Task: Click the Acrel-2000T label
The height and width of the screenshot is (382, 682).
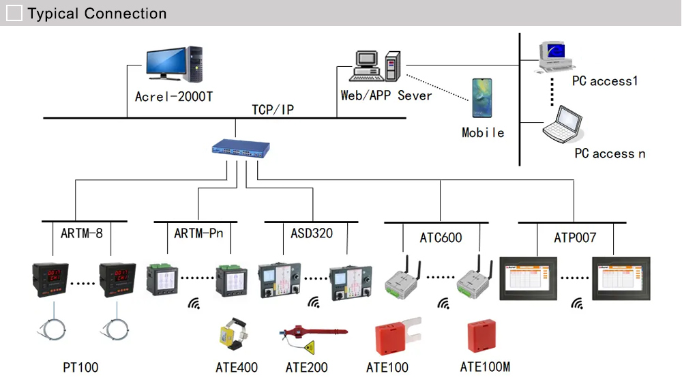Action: pyautogui.click(x=174, y=96)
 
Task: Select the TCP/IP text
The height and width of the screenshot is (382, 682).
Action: pyautogui.click(x=273, y=110)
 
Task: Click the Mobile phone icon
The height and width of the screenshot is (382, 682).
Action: pyautogui.click(x=481, y=98)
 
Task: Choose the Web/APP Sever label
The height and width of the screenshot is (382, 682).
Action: pyautogui.click(x=386, y=95)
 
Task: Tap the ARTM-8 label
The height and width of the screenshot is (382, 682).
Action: pyautogui.click(x=81, y=233)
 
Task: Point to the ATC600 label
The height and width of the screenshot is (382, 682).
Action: pyautogui.click(x=441, y=237)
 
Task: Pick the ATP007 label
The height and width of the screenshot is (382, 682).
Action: pyautogui.click(x=575, y=237)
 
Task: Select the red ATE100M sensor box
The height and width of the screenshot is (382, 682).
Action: pyautogui.click(x=482, y=334)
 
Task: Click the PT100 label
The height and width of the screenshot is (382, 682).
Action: pyautogui.click(x=80, y=368)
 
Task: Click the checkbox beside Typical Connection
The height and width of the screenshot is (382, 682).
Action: pyautogui.click(x=14, y=13)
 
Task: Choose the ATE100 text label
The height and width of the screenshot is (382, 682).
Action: pyautogui.click(x=387, y=368)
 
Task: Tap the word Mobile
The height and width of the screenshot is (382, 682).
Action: pyautogui.click(x=483, y=133)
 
